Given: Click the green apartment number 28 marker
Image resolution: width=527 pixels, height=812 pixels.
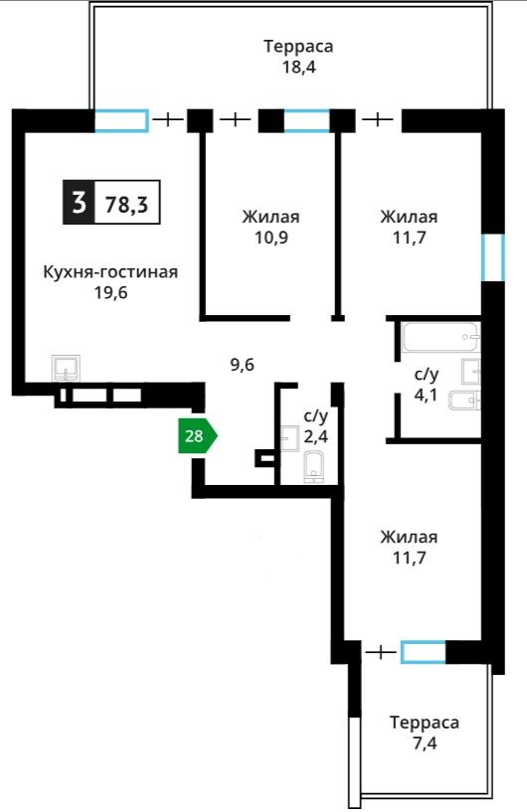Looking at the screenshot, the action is tap(197, 436).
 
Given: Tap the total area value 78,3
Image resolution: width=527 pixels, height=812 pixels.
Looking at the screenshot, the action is tap(127, 205).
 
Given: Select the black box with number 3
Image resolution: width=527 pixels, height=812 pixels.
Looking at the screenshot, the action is tap(79, 203).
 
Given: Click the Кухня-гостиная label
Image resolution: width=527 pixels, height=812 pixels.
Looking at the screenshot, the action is tap(110, 272).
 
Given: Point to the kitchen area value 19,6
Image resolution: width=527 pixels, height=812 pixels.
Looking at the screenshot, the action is tap(110, 293).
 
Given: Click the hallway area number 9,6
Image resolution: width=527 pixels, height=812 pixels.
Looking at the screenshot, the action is tap(242, 365).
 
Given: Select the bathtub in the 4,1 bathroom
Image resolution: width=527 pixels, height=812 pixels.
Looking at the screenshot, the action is tap(440, 337).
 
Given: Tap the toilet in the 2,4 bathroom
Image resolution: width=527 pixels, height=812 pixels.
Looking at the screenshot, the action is tap(313, 466).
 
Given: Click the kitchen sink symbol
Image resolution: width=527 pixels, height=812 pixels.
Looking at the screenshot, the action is tap(66, 368).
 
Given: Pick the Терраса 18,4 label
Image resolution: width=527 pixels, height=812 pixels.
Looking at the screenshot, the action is tap(298, 57).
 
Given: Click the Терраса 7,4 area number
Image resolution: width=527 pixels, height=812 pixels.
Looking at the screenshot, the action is tap(425, 743).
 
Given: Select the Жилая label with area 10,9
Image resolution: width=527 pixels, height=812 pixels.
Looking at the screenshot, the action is tap(271, 217).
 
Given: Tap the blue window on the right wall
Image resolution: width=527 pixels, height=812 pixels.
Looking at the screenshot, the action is tap(493, 257).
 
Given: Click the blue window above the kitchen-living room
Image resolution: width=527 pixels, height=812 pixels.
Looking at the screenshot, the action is tap(121, 120).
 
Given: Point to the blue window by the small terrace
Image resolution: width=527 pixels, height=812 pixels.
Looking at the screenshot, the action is tap(424, 652).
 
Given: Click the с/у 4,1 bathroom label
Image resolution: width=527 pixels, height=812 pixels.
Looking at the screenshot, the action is tap(426, 385).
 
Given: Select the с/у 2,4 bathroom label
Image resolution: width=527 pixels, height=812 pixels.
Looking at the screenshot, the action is tap(315, 426).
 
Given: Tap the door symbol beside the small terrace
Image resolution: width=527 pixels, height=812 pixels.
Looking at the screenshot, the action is tap(381, 652).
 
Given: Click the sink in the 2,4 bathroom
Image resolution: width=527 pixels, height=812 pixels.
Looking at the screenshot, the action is tap(290, 438).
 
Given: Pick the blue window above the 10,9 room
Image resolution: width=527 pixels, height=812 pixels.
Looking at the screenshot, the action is tap(307, 120).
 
